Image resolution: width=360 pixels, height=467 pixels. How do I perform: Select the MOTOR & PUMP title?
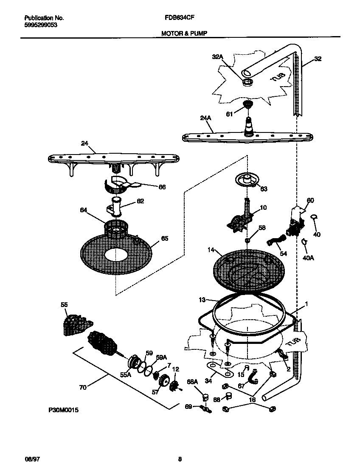184,33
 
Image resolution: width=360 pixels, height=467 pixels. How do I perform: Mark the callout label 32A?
217,57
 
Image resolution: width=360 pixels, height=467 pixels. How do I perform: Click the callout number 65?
164,239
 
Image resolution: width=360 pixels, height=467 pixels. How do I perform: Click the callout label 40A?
308,257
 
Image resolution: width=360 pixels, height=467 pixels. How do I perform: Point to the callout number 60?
310,200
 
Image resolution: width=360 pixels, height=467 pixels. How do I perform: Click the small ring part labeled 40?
315,218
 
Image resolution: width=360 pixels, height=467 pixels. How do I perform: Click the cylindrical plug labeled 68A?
205,397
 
